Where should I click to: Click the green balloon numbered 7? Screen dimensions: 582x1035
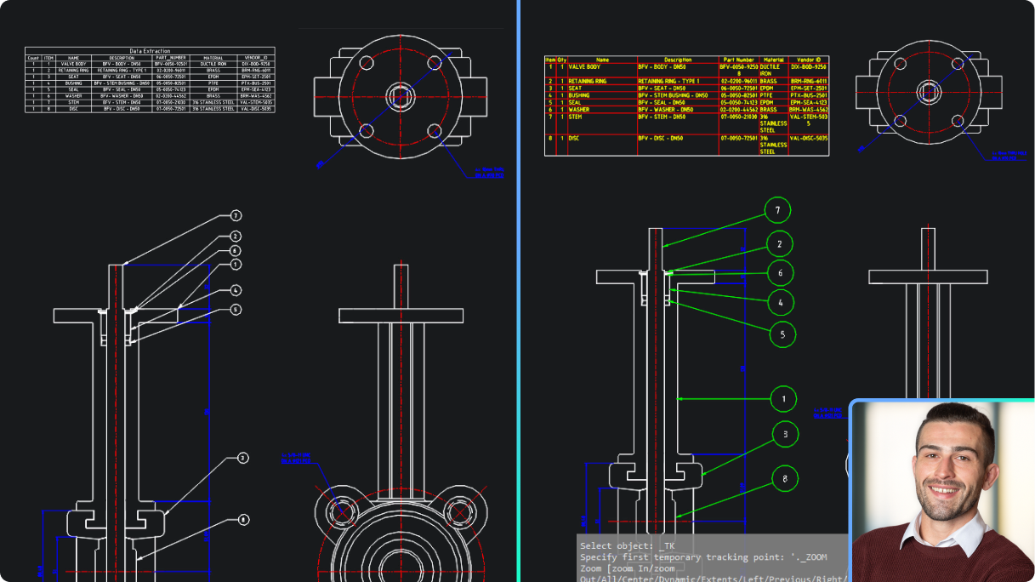[777, 209]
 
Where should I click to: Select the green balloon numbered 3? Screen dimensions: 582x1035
[785, 435]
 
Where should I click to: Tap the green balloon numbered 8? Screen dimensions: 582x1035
[785, 479]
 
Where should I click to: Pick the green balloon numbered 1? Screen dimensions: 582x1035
[783, 398]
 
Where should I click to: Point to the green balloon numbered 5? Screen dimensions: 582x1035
[782, 334]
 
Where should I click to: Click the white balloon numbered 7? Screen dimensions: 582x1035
[236, 216]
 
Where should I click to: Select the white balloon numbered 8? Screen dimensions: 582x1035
[243, 519]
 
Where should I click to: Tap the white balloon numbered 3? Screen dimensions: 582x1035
[242, 458]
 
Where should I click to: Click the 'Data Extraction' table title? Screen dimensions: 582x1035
[150, 51]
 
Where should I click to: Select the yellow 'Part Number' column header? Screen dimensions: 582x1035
[738, 60]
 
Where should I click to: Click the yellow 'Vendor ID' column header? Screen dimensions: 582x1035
[808, 60]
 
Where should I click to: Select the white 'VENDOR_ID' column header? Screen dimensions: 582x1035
[255, 58]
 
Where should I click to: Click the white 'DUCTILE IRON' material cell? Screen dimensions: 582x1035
[213, 64]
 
